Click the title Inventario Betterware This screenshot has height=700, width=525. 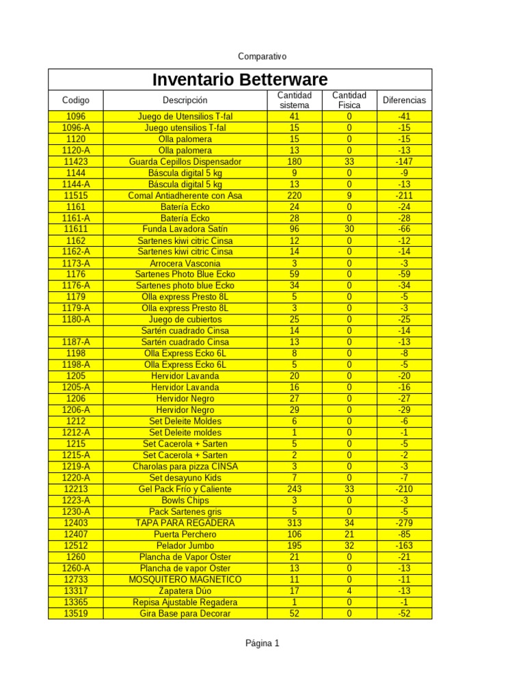pyautogui.click(x=239, y=79)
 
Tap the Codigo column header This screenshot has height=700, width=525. pyautogui.click(x=75, y=100)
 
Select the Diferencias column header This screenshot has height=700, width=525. pyautogui.click(x=404, y=100)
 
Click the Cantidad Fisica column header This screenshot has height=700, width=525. pyautogui.click(x=349, y=100)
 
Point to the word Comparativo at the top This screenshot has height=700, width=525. pyautogui.click(x=262, y=56)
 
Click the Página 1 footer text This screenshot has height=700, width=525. pyautogui.click(x=262, y=643)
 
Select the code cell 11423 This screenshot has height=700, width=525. pyautogui.click(x=75, y=162)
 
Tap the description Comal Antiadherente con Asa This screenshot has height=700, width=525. pyautogui.click(x=185, y=196)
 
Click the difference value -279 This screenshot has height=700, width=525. pyautogui.click(x=404, y=523)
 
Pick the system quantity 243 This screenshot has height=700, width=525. pyautogui.click(x=295, y=489)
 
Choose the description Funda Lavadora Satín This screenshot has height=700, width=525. pyautogui.click(x=185, y=229)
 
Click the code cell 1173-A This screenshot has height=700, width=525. pyautogui.click(x=75, y=263)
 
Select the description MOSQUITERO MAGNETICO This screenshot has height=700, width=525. pyautogui.click(x=185, y=580)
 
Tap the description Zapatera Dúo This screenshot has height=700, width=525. pyautogui.click(x=185, y=591)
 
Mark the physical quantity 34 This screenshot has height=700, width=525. pyautogui.click(x=349, y=523)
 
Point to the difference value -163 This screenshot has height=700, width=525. pyautogui.click(x=404, y=546)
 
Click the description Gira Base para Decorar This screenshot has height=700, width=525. pyautogui.click(x=185, y=613)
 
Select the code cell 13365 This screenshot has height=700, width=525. pyautogui.click(x=75, y=602)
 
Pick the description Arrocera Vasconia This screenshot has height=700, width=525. pyautogui.click(x=185, y=263)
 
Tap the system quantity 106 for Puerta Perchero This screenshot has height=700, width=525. pyautogui.click(x=295, y=535)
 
